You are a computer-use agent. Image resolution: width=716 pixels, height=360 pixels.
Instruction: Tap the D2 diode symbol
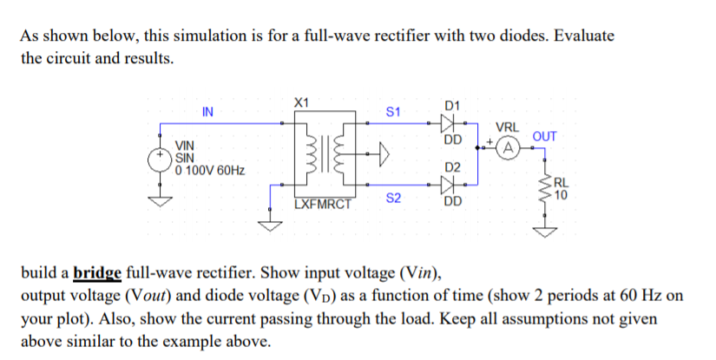coord(451,184)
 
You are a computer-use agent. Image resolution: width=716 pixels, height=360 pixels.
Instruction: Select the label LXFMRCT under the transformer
coord(322,206)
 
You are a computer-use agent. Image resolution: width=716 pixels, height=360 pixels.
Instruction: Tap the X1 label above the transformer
coord(302,102)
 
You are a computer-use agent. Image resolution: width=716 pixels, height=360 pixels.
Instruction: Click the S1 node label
coord(392,112)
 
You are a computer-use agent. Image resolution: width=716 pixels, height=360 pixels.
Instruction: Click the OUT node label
coord(544,137)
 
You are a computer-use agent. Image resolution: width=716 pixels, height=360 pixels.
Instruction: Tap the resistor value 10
coord(562,194)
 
